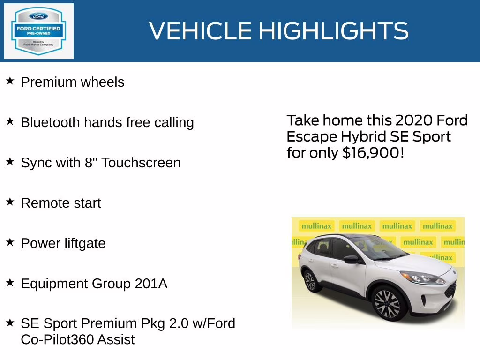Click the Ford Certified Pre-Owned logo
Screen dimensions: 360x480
pyautogui.click(x=38, y=31)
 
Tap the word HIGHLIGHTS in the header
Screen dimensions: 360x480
pyautogui.click(x=333, y=31)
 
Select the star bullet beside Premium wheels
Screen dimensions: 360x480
pyautogui.click(x=10, y=81)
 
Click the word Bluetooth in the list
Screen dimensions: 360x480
pyautogui.click(x=50, y=122)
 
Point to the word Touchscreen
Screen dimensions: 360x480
pyautogui.click(x=141, y=163)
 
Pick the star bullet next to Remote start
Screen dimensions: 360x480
pyautogui.click(x=10, y=202)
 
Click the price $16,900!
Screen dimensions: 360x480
pyautogui.click(x=373, y=152)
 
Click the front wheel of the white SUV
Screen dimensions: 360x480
pyautogui.click(x=388, y=304)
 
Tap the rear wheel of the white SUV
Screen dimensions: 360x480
pyautogui.click(x=310, y=281)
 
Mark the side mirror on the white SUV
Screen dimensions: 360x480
pyautogui.click(x=352, y=259)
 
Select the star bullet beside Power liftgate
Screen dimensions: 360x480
pyautogui.click(x=10, y=242)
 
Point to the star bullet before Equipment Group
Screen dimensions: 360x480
pyautogui.click(x=10, y=283)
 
